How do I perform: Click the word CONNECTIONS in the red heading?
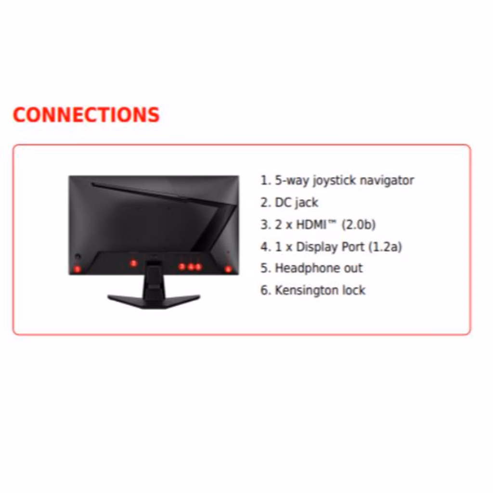coord(86,115)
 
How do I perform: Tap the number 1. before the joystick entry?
coord(266,181)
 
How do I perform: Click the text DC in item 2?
coord(283,203)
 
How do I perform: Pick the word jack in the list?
coord(306,203)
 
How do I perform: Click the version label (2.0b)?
coord(358,225)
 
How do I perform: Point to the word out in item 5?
coord(353,268)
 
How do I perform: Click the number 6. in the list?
coord(266,290)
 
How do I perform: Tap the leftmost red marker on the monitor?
coord(77,269)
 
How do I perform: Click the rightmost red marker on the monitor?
coord(228,269)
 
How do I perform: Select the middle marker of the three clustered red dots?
coord(191,266)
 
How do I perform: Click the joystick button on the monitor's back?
coord(78,257)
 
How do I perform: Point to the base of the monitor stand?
coord(154,299)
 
